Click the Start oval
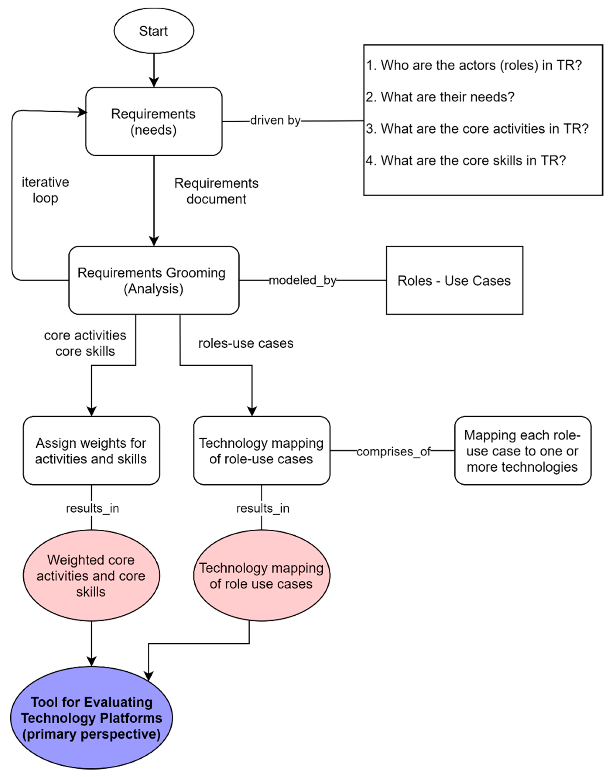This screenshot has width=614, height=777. pos(154,31)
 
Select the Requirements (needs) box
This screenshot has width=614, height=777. pos(154,122)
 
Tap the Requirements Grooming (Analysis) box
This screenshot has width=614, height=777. pos(154,281)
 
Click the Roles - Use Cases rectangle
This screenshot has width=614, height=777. pos(454,281)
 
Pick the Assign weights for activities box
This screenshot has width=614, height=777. pos(91,450)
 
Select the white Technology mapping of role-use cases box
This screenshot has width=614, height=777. pos(262,450)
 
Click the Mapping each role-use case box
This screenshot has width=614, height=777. pos(523,450)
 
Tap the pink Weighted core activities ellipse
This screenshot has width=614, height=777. pos(91,576)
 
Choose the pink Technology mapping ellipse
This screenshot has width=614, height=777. pos(262,576)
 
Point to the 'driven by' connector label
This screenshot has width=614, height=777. pos(275,120)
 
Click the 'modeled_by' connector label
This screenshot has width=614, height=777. pos(303,280)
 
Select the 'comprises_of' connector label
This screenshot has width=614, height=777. pos(394,451)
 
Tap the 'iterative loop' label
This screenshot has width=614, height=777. pos(45,190)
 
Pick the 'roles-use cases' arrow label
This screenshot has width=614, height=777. pos(246,343)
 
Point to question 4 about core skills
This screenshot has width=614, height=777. pos(466,160)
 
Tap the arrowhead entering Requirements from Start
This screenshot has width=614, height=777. pos(154,82)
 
